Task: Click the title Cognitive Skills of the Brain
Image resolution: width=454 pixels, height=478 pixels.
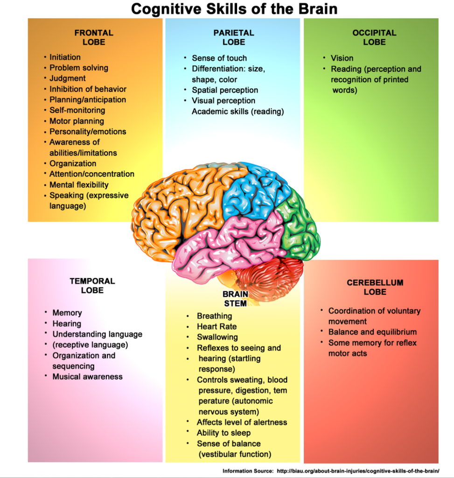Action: pyautogui.click(x=234, y=9)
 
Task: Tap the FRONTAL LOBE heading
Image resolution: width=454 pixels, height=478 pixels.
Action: pyautogui.click(x=94, y=37)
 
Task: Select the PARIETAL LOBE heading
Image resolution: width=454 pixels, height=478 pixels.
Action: pyautogui.click(x=234, y=37)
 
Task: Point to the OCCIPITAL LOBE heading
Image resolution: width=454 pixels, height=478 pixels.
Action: pyautogui.click(x=374, y=37)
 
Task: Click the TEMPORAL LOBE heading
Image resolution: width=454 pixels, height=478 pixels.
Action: pyautogui.click(x=92, y=286)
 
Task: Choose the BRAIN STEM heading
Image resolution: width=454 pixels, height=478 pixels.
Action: pyautogui.click(x=235, y=298)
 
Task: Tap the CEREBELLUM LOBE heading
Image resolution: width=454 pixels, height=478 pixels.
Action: pyautogui.click(x=375, y=287)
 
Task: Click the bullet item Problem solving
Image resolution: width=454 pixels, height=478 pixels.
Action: pyautogui.click(x=78, y=68)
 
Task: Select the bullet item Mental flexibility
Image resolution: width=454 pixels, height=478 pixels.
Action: pyautogui.click(x=79, y=185)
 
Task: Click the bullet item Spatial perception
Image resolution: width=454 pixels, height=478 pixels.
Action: pyautogui.click(x=225, y=90)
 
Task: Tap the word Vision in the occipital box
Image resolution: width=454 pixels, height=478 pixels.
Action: pyautogui.click(x=342, y=58)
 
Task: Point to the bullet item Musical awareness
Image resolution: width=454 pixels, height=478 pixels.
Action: pyautogui.click(x=87, y=377)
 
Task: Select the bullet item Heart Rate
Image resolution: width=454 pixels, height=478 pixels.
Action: pyautogui.click(x=217, y=327)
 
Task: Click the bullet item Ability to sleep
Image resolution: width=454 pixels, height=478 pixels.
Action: pyautogui.click(x=224, y=433)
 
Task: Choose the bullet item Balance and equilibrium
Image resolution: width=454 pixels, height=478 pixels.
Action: pyautogui.click(x=372, y=332)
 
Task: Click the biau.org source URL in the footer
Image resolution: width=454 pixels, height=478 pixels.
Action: pyautogui.click(x=358, y=471)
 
